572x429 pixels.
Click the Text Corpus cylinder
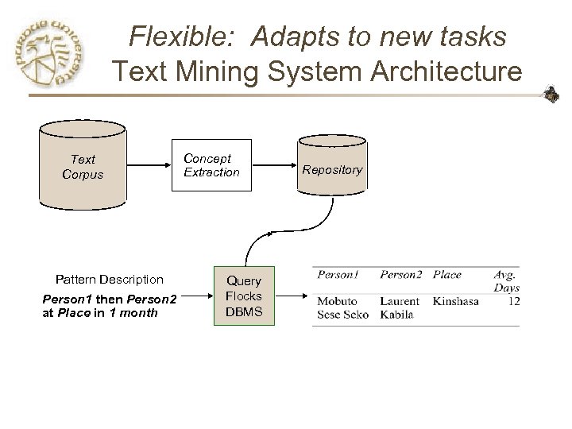pyautogui.click(x=83, y=167)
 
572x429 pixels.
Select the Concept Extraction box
pyautogui.click(x=211, y=166)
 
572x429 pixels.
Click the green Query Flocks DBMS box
pyautogui.click(x=244, y=296)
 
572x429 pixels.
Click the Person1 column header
pyautogui.click(x=338, y=275)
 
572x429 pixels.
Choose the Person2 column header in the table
pyautogui.click(x=401, y=275)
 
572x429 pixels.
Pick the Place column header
pyautogui.click(x=447, y=275)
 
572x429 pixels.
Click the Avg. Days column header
pyautogui.click(x=505, y=281)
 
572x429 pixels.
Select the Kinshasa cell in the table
pyautogui.click(x=456, y=302)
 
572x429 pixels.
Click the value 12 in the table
pyautogui.click(x=513, y=302)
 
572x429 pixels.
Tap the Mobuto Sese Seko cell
pyautogui.click(x=342, y=308)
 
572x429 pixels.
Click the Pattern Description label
pyautogui.click(x=109, y=279)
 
